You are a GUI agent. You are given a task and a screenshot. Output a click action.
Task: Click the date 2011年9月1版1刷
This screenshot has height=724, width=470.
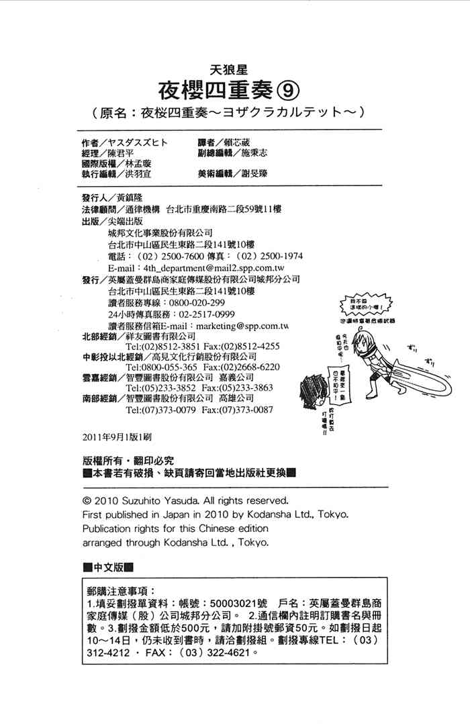pos(115,436)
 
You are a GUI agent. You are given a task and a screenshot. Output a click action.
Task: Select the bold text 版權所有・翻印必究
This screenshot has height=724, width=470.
pos(126,461)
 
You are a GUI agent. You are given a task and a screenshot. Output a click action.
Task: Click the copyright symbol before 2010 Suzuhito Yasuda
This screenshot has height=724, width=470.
pos(86,500)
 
